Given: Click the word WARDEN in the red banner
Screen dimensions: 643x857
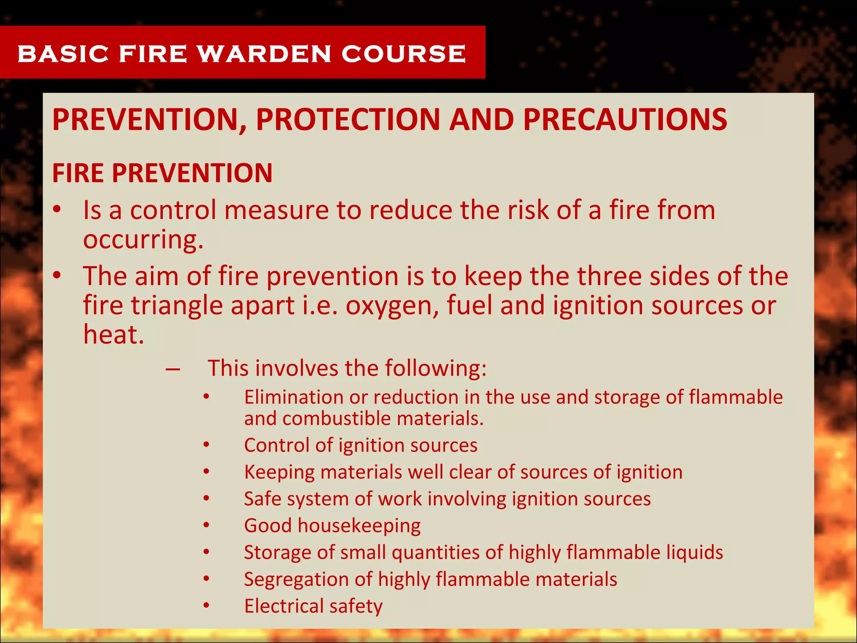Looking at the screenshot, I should point(264,54).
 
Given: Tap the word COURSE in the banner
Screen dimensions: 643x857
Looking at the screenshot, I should point(404,54).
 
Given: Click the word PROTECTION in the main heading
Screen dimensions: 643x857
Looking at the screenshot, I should point(347,120).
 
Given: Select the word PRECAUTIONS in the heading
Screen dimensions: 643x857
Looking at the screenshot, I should point(625,120).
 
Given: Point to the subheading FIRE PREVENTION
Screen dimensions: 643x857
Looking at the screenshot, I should point(162,173).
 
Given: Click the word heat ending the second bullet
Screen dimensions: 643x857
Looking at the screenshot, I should point(113,334).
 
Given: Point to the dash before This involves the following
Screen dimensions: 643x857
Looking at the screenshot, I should point(172,369).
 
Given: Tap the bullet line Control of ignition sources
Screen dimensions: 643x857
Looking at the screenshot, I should point(361,445).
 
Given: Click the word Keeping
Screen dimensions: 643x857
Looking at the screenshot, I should point(279,473).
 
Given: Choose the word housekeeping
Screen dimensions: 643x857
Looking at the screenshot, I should point(359,526).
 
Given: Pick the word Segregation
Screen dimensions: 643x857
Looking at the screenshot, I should point(296,580).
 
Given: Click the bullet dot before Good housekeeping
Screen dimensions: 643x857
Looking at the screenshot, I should point(206,525).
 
